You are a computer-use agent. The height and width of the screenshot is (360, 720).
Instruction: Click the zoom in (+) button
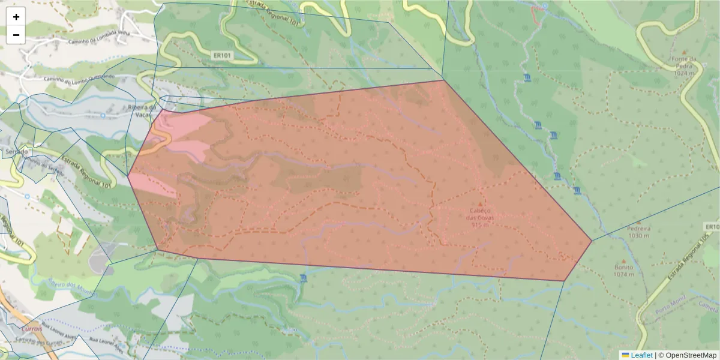pos(16,17)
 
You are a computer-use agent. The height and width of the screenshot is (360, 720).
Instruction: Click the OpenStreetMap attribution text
pos(691,355)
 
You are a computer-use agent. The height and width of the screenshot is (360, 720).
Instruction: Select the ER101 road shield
pos(222,56)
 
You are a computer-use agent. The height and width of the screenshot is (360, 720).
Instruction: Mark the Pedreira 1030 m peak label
pos(638,232)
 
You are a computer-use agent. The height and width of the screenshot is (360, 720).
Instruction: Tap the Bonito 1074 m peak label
pos(624,271)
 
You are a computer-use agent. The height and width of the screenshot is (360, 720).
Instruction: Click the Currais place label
pos(32,329)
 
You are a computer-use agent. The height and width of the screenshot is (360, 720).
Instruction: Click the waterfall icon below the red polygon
pos(302,278)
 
